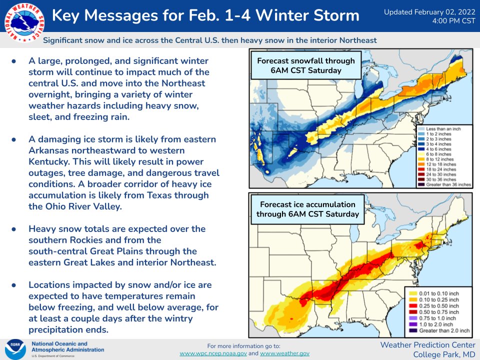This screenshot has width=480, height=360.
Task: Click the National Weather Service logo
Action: point(24,22)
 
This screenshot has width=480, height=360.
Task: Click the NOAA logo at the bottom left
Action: point(15,349)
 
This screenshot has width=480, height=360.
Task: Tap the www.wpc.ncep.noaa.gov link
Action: point(213,353)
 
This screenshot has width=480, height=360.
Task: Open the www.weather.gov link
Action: point(284,353)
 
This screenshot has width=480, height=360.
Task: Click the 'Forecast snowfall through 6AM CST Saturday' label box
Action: point(306,65)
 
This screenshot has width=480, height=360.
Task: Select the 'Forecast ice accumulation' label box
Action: point(307,209)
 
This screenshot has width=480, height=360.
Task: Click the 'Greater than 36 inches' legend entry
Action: point(444,184)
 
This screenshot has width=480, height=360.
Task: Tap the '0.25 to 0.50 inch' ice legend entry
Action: point(434,306)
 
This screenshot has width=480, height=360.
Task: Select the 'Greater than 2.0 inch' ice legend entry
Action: point(439,330)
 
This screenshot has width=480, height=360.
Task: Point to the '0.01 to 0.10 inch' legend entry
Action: point(434,293)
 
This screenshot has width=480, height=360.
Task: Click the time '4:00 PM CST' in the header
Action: point(453,21)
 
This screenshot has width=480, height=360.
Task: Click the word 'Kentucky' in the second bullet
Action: point(49,161)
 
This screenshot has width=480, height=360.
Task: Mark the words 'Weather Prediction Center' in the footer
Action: point(427,345)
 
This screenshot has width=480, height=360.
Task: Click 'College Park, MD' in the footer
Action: point(444,355)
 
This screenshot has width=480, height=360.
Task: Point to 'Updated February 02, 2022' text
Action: point(430,12)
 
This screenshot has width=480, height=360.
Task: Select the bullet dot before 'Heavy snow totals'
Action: point(14,229)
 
